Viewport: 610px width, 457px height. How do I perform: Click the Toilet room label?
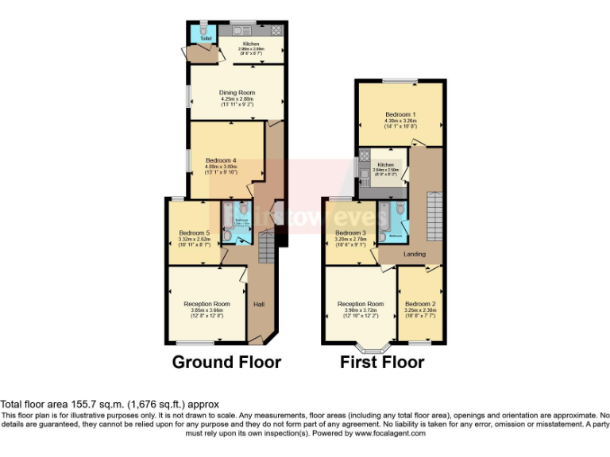(x=206, y=38)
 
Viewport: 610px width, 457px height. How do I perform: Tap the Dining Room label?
(x=236, y=92)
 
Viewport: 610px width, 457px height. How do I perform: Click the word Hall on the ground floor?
(x=258, y=304)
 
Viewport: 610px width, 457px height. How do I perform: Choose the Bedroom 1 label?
(x=400, y=114)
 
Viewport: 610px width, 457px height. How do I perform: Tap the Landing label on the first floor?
(x=414, y=255)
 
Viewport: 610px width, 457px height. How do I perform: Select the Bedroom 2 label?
(x=420, y=304)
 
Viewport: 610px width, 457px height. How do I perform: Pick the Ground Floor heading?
(x=226, y=363)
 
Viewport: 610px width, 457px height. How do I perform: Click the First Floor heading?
(x=382, y=363)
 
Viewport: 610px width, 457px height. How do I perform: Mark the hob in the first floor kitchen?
(x=365, y=156)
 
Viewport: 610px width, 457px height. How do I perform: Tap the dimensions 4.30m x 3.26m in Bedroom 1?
(x=400, y=121)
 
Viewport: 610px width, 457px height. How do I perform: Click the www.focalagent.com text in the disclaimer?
(x=390, y=433)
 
